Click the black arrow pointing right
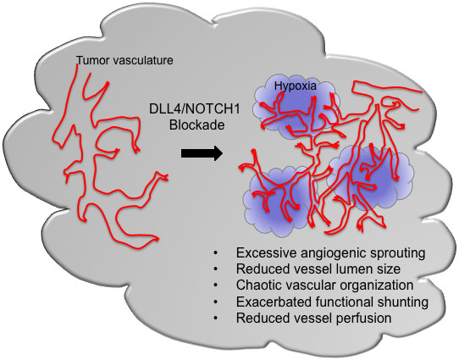(202, 153)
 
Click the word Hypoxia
(296, 86)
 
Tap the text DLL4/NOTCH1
(195, 109)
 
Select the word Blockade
(197, 125)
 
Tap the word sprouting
(398, 253)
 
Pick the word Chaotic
(257, 285)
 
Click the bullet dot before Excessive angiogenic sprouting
(216, 253)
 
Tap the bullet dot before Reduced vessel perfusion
(216, 318)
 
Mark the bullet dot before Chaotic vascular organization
(216, 285)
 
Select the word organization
(382, 285)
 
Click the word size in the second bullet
(386, 269)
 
